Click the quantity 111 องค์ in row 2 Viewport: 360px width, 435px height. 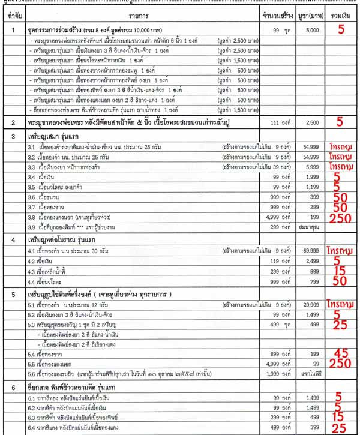point(277,121)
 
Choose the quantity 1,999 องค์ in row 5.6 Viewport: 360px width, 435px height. point(277,374)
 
